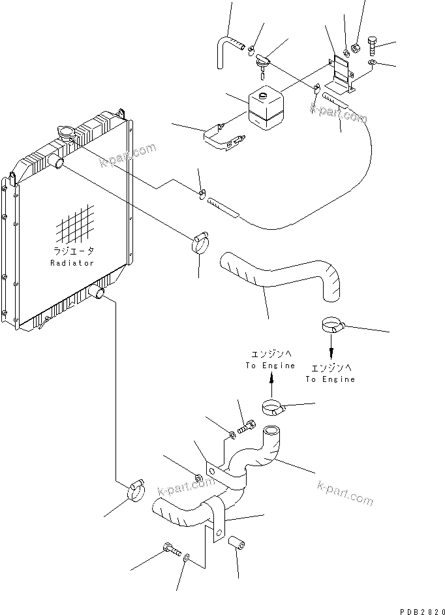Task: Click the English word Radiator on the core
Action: pos(72,263)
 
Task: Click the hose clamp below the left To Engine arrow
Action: pos(275,409)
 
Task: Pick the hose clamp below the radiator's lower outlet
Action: pos(135,490)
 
